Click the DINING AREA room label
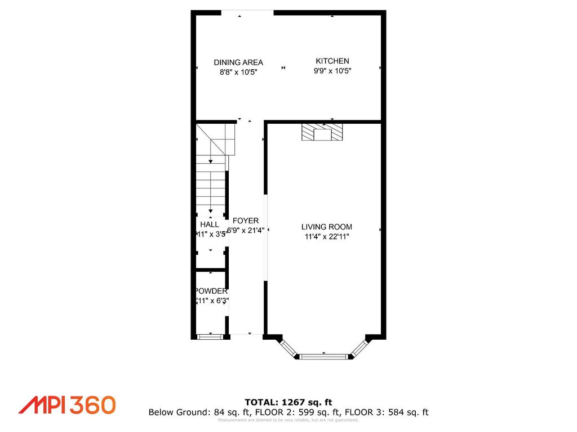click(x=238, y=62)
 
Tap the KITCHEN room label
click(x=332, y=61)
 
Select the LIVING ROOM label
click(x=326, y=227)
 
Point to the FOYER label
click(x=246, y=221)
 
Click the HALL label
click(x=209, y=224)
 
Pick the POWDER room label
click(x=211, y=291)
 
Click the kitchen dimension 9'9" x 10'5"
click(x=332, y=71)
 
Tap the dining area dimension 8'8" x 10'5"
click(x=238, y=72)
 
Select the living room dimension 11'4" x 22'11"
click(x=326, y=237)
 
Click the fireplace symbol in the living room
click(x=322, y=133)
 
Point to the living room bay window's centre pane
click(x=324, y=356)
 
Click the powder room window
click(x=210, y=337)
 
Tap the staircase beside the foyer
click(x=211, y=174)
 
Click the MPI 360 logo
click(x=67, y=405)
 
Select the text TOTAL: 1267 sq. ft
click(x=288, y=402)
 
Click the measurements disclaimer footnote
click(x=288, y=420)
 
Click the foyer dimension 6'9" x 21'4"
click(x=246, y=230)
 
